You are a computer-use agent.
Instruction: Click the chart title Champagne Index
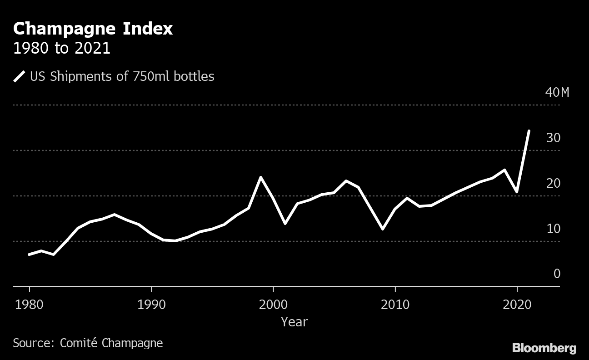[x=93, y=29]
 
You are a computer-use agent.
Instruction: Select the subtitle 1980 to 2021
[x=61, y=49]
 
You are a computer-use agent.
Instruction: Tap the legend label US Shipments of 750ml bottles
[x=122, y=76]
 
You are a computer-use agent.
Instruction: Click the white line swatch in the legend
[x=19, y=76]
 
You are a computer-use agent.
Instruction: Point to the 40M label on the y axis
[x=557, y=92]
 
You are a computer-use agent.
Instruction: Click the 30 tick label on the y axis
[x=553, y=138]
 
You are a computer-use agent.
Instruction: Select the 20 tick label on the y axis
[x=553, y=183]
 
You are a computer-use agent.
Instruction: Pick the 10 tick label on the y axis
[x=553, y=229]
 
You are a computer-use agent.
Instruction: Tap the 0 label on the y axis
[x=557, y=274]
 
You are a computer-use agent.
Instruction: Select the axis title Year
[x=294, y=322]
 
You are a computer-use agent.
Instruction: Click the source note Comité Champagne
[x=88, y=342]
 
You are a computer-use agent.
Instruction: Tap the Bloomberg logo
[x=544, y=348]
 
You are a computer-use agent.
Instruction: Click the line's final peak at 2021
[x=529, y=131]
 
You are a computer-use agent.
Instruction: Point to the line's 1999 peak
[x=261, y=177]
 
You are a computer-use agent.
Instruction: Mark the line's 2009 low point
[x=383, y=229]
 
